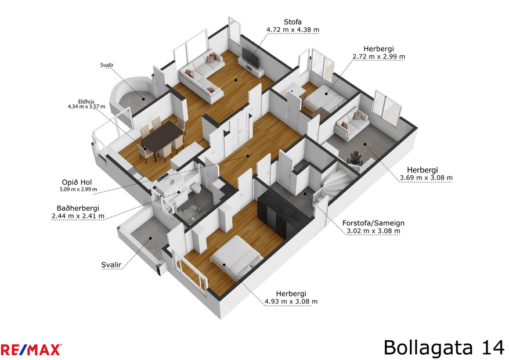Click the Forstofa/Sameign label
(x=373, y=222)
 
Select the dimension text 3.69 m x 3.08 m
(x=425, y=178)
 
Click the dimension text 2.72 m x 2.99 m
(x=378, y=57)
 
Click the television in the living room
(x=251, y=57)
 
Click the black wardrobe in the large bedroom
(x=284, y=212)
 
